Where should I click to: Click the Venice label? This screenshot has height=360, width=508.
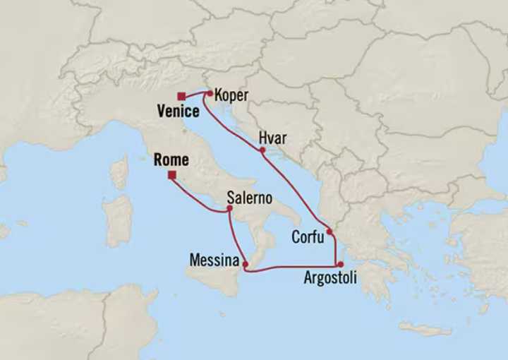[179, 111]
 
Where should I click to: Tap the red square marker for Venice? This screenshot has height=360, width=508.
[181, 96]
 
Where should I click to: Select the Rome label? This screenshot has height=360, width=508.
[170, 160]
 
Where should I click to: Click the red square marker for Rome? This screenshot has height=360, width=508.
[172, 175]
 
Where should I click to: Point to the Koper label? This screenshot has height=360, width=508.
[231, 95]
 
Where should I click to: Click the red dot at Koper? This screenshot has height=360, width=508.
[210, 92]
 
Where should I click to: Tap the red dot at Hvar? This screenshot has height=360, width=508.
[262, 150]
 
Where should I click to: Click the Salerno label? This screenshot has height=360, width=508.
[249, 198]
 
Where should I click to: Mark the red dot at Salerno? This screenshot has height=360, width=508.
[229, 208]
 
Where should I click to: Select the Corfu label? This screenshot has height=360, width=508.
[308, 237]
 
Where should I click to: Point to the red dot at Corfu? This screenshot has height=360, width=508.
[329, 231]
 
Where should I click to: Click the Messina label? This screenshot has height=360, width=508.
[214, 260]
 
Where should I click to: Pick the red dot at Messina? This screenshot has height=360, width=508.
[245, 265]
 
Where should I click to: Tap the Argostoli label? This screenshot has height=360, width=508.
[330, 278]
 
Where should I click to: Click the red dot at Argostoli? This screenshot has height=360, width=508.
[340, 265]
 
